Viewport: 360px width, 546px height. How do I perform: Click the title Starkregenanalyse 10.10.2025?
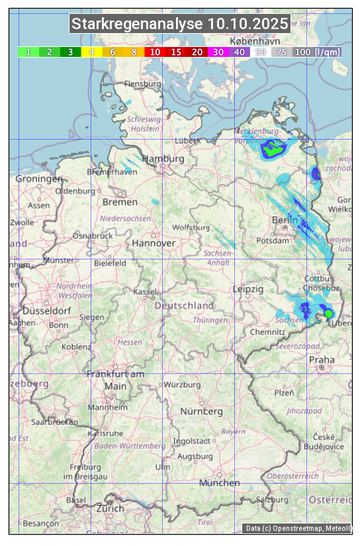180,24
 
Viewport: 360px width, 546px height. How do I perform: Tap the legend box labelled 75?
281,52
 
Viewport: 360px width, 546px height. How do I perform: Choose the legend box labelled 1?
28,52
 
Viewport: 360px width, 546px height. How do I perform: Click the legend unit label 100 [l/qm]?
318,52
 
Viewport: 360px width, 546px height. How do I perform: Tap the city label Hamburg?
163,159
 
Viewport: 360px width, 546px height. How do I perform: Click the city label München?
219,483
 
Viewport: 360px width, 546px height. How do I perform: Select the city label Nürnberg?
202,412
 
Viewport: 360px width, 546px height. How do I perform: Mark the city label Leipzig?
248,289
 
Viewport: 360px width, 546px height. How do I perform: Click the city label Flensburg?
142,85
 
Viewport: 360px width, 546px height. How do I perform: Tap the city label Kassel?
145,291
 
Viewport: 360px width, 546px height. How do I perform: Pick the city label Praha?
322,359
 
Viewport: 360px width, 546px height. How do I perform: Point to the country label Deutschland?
184,306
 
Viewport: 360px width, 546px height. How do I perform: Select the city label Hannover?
154,243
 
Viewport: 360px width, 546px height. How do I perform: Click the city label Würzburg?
182,385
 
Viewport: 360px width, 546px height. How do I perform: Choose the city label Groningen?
39,179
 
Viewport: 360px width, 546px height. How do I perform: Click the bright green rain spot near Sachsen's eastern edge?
328,313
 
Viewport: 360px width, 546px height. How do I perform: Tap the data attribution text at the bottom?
299,528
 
